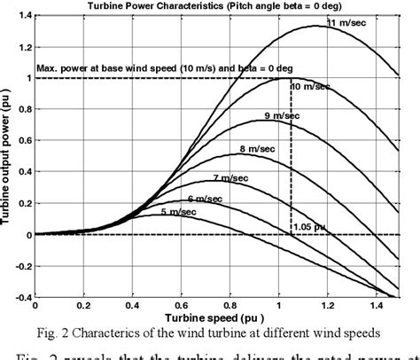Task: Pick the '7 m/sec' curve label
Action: tap(229, 177)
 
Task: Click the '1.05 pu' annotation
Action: tap(310, 226)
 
